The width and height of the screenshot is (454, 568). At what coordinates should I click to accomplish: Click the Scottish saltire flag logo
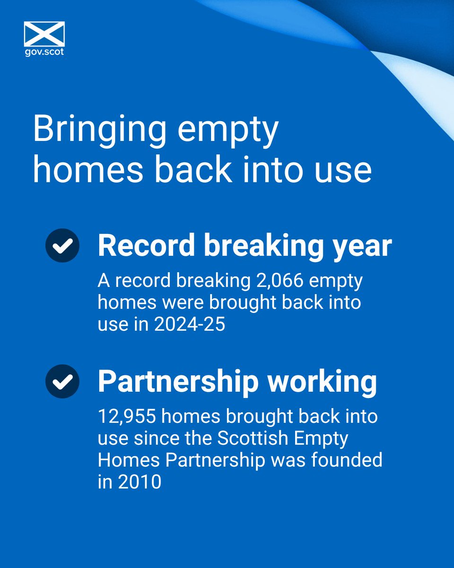tap(44, 33)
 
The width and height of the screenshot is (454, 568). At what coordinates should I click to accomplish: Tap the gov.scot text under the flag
tap(44, 52)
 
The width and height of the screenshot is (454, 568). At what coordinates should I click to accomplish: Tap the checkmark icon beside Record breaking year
tap(62, 245)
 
